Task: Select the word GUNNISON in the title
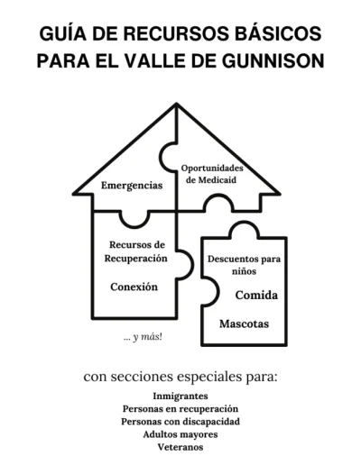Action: (273, 61)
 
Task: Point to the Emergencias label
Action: (132, 186)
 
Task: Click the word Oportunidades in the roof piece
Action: (212, 168)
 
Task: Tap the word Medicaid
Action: (218, 180)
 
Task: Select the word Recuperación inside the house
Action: (135, 259)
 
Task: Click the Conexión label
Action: (134, 287)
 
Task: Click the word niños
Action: (244, 271)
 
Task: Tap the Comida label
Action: (256, 295)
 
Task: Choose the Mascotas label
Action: (244, 324)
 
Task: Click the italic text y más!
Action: (147, 337)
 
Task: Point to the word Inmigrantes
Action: (180, 396)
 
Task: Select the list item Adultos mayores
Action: (180, 434)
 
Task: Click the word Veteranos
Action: (180, 447)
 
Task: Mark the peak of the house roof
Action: (177, 104)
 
